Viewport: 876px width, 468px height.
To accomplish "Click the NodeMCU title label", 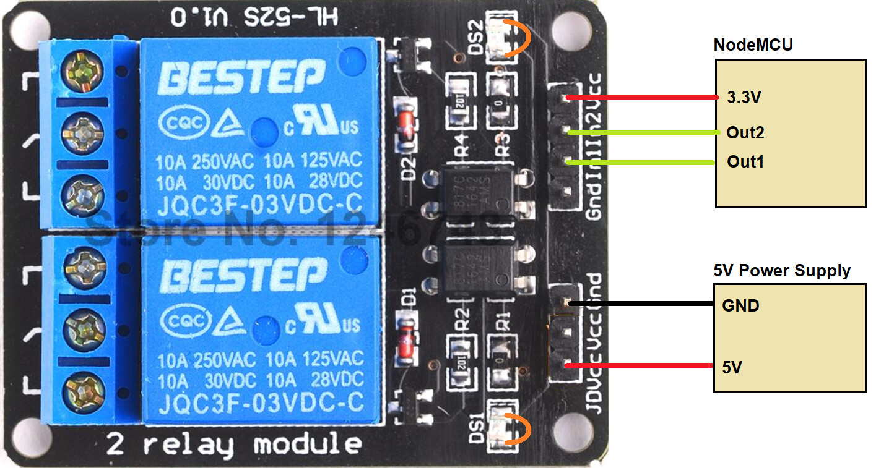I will pos(753,45).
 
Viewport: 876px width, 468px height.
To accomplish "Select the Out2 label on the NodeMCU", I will pos(745,133).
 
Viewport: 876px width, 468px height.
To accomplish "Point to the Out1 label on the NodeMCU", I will pos(745,162).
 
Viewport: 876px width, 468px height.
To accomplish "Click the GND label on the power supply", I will pos(740,305).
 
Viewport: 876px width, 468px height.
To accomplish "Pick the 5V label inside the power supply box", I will pos(732,368).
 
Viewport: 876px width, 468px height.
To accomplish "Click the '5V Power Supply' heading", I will pos(782,270).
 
